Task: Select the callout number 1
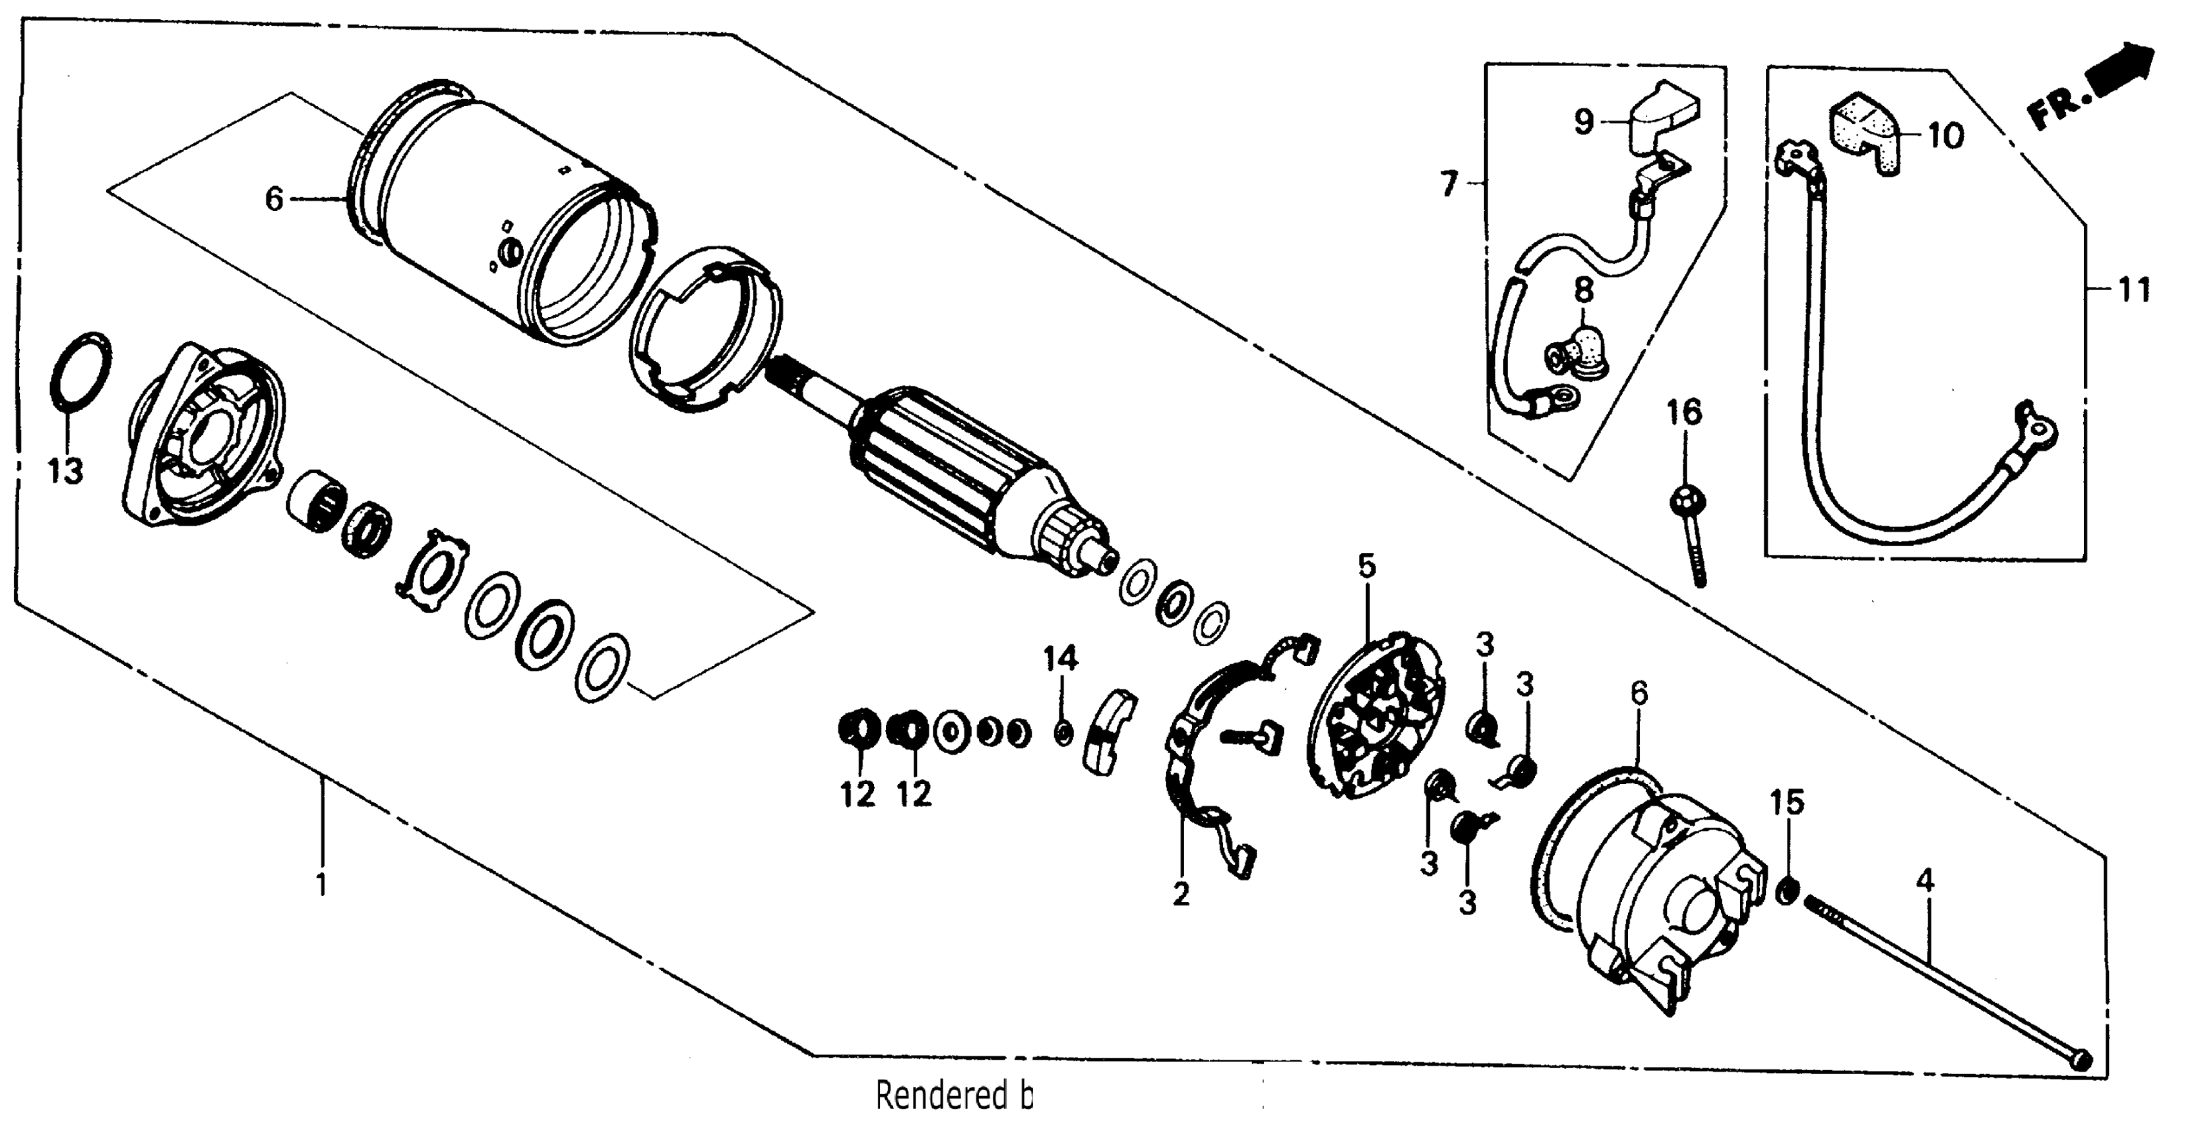click(321, 885)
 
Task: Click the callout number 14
click(1060, 658)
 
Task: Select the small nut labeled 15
click(1787, 890)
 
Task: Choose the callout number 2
click(1180, 894)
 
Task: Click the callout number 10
click(1945, 135)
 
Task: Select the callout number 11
click(2131, 291)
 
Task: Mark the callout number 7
click(1449, 183)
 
